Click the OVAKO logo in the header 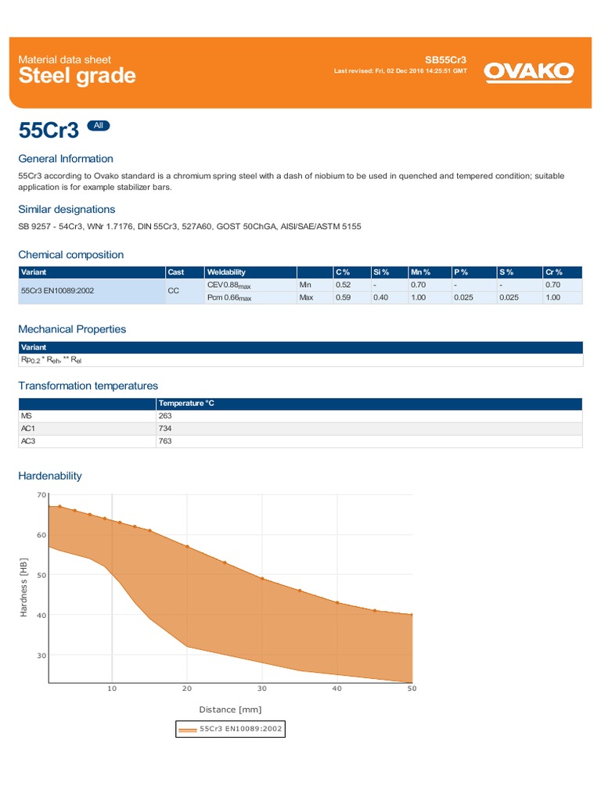coord(529,72)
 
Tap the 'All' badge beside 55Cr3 coord(98,125)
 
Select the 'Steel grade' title coord(77,76)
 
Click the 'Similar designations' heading coord(67,209)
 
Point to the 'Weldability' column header coord(226,272)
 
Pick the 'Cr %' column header coord(555,272)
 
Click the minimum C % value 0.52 coord(343,285)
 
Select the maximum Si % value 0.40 coord(380,297)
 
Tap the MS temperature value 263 coord(164,416)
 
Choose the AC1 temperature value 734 coord(164,429)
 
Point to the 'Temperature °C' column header coord(185,404)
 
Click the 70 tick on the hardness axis coord(41,495)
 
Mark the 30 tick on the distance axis coord(262,688)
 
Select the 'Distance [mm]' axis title coord(230,709)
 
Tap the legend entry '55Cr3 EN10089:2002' coord(231,729)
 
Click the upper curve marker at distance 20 coord(187,546)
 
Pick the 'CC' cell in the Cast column coord(174,291)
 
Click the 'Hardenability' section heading coord(50,476)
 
